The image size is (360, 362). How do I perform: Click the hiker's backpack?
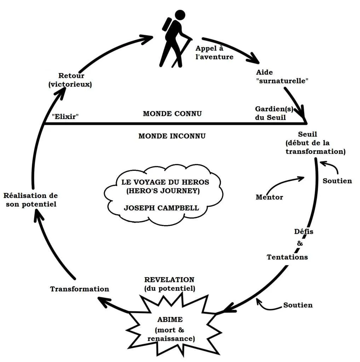click(x=167, y=24)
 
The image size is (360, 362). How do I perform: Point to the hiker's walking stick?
click(x=182, y=53)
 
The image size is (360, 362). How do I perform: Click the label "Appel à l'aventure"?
click(x=214, y=53)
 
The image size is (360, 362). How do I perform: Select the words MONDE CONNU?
click(x=172, y=113)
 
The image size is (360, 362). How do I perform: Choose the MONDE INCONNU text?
click(x=172, y=136)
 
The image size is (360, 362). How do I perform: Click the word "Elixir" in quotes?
click(x=65, y=116)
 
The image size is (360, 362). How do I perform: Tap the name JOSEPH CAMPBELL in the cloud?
click(x=161, y=208)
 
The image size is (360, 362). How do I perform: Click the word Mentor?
click(x=269, y=197)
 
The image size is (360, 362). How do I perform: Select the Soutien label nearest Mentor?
click(x=337, y=181)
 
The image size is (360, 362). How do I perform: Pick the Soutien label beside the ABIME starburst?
click(x=298, y=305)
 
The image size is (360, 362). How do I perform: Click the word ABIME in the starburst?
click(x=170, y=320)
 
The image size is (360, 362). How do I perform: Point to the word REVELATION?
click(x=169, y=280)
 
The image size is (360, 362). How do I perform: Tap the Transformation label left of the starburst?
click(x=80, y=289)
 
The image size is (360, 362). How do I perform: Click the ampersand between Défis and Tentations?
click(x=300, y=243)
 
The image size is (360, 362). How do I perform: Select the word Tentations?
click(x=287, y=257)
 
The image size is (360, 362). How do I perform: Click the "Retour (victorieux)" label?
click(x=70, y=80)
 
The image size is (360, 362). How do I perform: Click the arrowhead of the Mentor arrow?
click(x=301, y=179)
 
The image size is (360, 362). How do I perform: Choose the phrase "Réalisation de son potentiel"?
click(x=31, y=200)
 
